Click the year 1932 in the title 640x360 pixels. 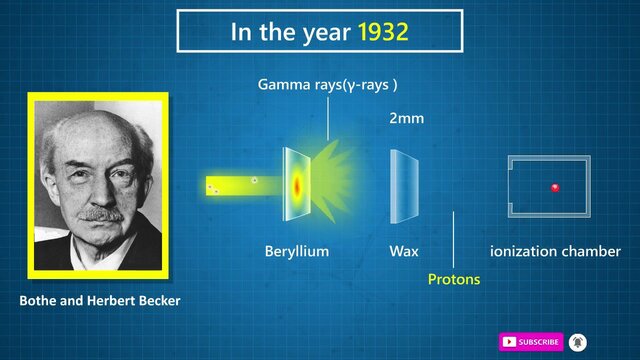click(x=383, y=32)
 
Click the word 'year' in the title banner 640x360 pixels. click(x=320, y=32)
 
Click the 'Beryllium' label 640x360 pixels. click(x=296, y=251)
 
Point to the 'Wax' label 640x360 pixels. click(x=404, y=251)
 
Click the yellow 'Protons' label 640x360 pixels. click(x=453, y=279)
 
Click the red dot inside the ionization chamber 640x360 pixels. click(x=555, y=188)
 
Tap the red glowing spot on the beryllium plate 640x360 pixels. click(x=297, y=185)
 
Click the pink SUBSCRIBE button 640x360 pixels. click(x=531, y=341)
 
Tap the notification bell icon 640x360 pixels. click(x=578, y=341)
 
